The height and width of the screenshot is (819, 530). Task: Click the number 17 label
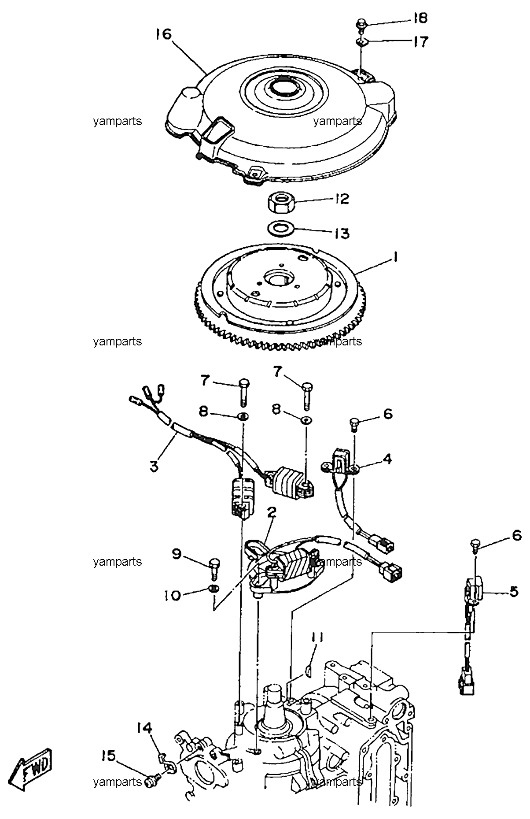coord(420,42)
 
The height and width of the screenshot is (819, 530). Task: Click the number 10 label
coord(173,596)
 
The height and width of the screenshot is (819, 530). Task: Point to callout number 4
coord(387,460)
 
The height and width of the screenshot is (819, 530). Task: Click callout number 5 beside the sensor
coord(514,592)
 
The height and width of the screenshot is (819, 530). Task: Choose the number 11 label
coord(318,638)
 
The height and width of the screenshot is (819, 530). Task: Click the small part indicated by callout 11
coord(308,671)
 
